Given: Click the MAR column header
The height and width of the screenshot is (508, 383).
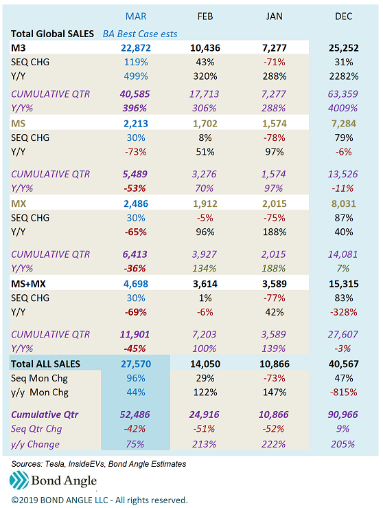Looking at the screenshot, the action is (136, 16).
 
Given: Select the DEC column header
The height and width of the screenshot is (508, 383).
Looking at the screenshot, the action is (344, 16).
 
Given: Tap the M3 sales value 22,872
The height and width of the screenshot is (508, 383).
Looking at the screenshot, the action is (136, 48).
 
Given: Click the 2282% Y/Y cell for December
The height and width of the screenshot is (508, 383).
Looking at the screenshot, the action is (344, 76).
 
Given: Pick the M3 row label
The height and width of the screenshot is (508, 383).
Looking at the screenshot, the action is (19, 48).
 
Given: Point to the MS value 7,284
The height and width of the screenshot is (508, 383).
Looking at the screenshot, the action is (344, 124).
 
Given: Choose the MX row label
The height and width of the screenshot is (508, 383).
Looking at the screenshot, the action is (19, 203).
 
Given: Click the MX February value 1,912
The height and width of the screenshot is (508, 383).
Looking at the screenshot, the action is (205, 203).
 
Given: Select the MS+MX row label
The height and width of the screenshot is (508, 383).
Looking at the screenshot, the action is (28, 284).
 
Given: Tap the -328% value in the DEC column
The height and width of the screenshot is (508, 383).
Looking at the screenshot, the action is (344, 312).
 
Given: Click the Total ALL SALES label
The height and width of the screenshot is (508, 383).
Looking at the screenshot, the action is (45, 364).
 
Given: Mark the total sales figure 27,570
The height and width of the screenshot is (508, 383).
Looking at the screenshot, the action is (136, 364).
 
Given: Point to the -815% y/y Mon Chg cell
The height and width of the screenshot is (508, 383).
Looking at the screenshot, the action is (344, 393).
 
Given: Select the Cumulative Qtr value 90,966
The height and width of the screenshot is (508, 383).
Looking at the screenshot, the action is (343, 415).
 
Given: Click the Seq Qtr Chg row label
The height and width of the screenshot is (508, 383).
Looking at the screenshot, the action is (36, 429).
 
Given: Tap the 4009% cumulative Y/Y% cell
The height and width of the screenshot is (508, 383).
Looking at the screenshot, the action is (343, 108).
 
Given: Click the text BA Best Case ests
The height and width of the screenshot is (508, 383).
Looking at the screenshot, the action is (140, 34).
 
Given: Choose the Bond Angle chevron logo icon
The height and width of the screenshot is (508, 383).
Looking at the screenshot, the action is (19, 480).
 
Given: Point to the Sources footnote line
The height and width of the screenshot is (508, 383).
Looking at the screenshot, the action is (99, 464).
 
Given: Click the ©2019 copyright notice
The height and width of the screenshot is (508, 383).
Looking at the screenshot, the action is (100, 500).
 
